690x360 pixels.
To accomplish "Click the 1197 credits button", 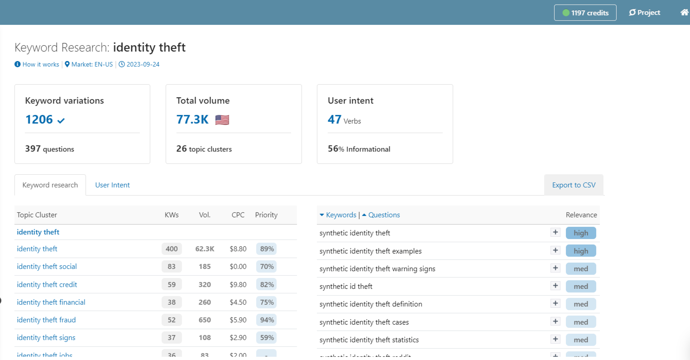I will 585,13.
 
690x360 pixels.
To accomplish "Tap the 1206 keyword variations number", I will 39,120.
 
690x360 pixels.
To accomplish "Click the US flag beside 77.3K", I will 222,120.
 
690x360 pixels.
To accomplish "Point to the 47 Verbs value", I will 344,120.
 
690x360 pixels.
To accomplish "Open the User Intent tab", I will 112,185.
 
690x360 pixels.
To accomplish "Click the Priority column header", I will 266,215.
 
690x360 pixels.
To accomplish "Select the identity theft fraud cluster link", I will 46,320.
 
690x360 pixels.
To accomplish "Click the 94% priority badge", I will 267,320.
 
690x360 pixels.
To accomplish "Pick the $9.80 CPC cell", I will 238,284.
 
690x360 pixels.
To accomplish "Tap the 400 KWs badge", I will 172,249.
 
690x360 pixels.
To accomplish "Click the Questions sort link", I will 383,215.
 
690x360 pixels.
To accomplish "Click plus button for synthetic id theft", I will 556,286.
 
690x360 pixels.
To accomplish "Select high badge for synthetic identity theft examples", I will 580,251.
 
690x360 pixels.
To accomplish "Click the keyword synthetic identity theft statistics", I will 369,340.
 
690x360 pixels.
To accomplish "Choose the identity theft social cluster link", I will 47,266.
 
